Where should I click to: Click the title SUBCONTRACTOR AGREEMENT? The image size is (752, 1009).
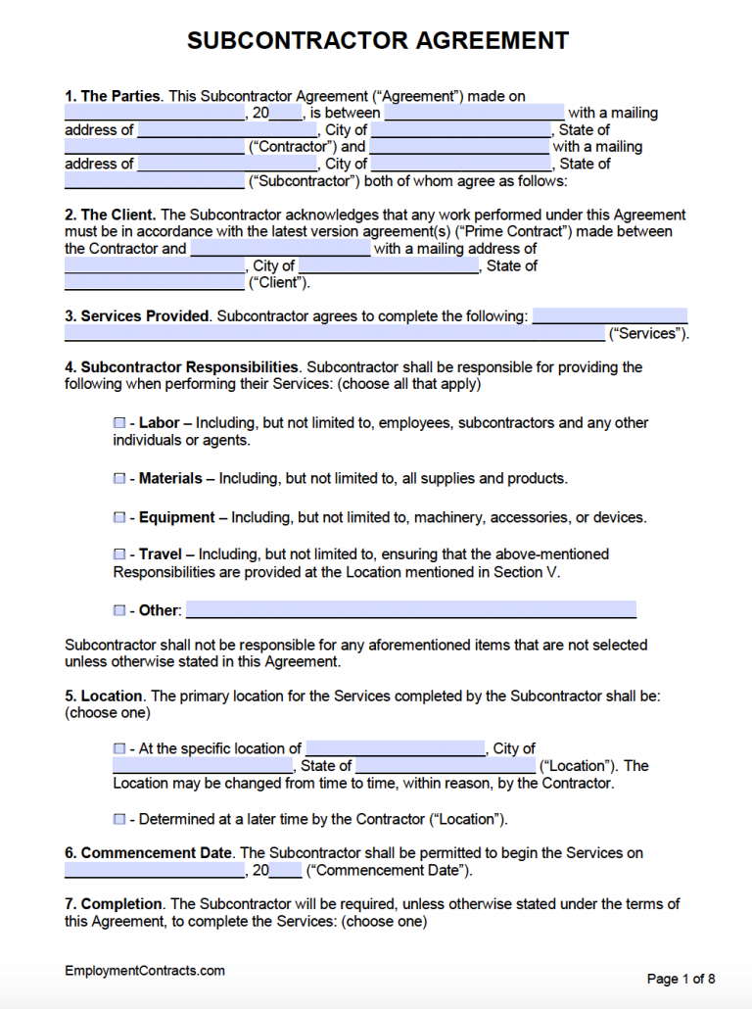pos(377,40)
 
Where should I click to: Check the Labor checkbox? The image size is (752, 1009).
pos(119,423)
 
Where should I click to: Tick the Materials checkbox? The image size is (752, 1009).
pos(119,479)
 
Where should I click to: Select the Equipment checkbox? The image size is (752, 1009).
pos(119,517)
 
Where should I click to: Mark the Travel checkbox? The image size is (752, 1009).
pos(119,554)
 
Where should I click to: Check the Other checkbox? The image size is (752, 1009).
pos(119,610)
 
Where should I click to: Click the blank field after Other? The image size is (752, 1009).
pos(410,610)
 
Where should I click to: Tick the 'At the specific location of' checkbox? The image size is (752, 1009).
pos(119,748)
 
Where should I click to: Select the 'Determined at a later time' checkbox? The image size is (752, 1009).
pos(119,819)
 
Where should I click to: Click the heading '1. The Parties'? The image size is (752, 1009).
pos(114,96)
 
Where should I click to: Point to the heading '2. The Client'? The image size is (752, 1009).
pos(109,215)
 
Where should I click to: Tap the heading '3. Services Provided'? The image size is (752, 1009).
pos(137,316)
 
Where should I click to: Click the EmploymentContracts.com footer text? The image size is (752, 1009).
pos(145,971)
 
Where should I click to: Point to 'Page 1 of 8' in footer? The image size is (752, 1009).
pos(681,979)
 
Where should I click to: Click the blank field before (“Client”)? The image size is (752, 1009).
pos(154,283)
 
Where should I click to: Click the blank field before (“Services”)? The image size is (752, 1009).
pos(334,334)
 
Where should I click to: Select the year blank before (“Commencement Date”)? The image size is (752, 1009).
pos(285,871)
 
